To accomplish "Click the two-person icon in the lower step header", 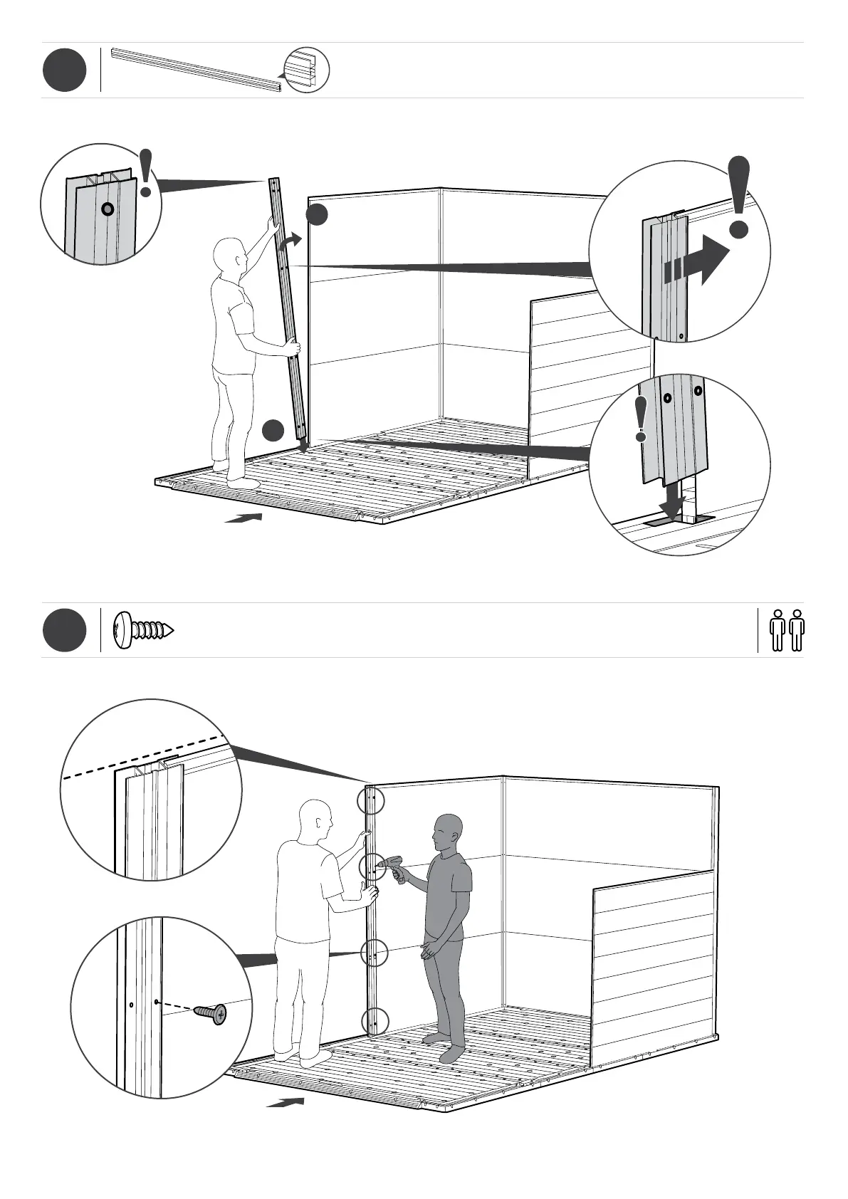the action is [787, 630].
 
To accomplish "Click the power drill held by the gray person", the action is [392, 868].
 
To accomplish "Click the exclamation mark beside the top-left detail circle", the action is [146, 173].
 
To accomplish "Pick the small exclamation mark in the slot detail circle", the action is [642, 419].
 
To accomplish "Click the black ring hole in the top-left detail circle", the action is [108, 209].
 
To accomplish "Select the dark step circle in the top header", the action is [64, 70].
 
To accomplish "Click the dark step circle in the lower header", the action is [64, 630].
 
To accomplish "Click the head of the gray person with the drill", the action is [447, 832].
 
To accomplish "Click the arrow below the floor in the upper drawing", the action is [244, 518].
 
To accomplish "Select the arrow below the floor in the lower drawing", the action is [286, 1103].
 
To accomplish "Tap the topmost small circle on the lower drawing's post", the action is [370, 801].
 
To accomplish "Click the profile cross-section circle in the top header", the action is [307, 70].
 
